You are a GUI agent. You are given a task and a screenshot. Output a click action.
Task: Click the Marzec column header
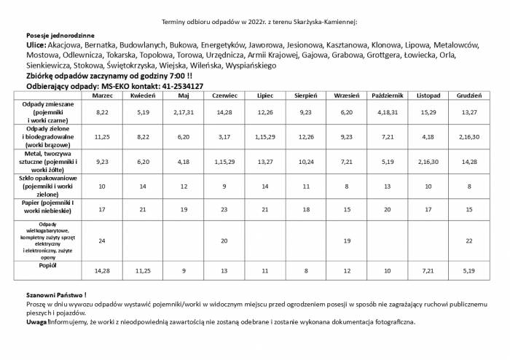(102, 95)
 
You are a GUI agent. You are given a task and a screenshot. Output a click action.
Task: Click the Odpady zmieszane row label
(50, 112)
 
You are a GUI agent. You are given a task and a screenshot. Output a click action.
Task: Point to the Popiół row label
(50, 266)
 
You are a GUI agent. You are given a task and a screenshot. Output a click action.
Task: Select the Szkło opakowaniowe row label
(50, 187)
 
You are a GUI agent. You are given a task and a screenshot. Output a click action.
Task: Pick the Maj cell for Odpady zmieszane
(184, 112)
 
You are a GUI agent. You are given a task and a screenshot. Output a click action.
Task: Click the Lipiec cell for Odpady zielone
(265, 136)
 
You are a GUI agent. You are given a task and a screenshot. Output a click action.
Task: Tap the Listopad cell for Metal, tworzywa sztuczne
(428, 162)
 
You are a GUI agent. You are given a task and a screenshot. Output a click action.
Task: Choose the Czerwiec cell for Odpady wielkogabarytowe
(224, 240)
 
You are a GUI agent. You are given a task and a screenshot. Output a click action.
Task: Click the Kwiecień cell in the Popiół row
(143, 270)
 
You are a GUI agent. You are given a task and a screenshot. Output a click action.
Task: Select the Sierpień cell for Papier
(306, 209)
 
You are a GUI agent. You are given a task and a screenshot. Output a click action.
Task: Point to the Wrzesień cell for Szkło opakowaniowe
(347, 187)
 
